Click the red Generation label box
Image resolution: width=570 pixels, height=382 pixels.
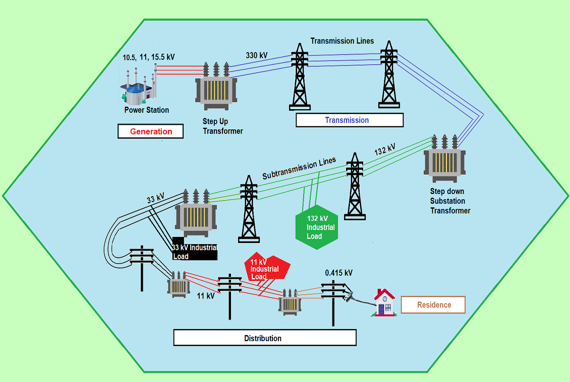tap(151, 131)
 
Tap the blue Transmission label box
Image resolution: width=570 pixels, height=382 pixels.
tap(349, 120)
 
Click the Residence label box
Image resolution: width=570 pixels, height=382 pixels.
tap(433, 305)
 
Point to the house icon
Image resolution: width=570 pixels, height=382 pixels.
tap(384, 303)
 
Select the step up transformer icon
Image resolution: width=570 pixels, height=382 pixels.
tap(217, 88)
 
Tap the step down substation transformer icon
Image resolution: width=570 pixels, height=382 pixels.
tap(445, 160)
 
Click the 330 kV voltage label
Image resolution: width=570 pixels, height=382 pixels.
tap(256, 55)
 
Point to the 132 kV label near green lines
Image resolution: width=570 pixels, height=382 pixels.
tap(385, 150)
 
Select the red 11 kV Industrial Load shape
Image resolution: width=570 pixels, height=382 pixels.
tap(265, 268)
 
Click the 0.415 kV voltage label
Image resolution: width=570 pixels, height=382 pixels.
tap(338, 273)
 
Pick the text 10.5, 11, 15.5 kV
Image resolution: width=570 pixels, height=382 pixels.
tap(149, 57)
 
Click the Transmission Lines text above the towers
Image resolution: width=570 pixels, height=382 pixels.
tap(342, 41)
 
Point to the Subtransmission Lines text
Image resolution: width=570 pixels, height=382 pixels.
tap(299, 169)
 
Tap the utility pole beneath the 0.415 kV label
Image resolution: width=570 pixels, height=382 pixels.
tap(333, 303)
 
